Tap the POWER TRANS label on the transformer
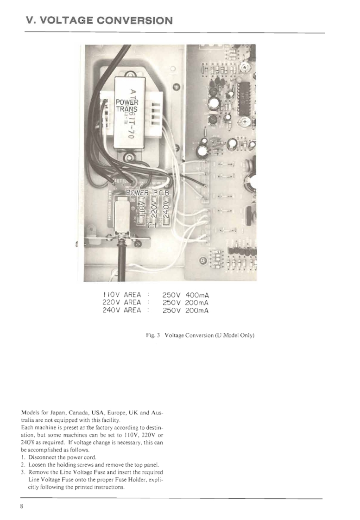pyautogui.click(x=124, y=106)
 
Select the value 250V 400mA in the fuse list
pyautogui.click(x=185, y=294)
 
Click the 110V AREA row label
pyautogui.click(x=121, y=294)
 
